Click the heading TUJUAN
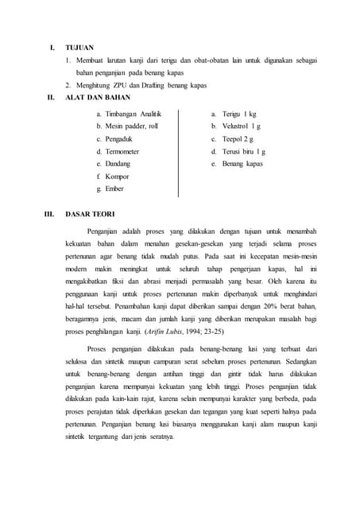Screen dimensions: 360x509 (x=79, y=48)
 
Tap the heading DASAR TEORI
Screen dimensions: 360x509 (x=90, y=214)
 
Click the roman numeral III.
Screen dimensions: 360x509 (x=49, y=214)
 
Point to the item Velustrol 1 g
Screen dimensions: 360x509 (x=241, y=126)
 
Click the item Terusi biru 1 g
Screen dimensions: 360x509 (x=242, y=151)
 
